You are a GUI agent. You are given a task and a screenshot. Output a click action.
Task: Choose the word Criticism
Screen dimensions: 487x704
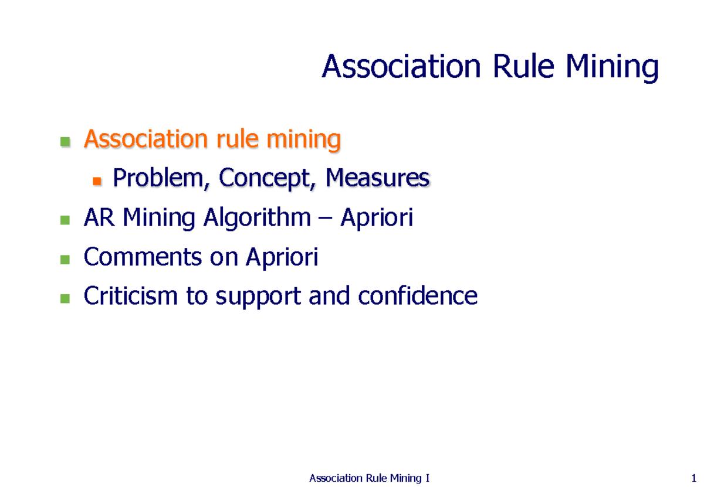pyautogui.click(x=130, y=297)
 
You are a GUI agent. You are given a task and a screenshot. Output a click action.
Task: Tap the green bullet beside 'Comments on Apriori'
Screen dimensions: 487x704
pyautogui.click(x=65, y=259)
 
